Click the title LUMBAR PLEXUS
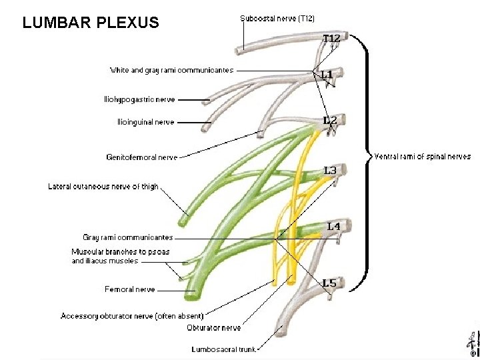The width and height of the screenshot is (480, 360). tap(91, 23)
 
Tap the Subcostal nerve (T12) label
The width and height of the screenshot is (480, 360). tap(277, 18)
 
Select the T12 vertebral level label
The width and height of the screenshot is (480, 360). tap(332, 39)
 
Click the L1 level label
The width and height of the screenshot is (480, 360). tap(327, 74)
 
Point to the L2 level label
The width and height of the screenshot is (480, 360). tap(330, 121)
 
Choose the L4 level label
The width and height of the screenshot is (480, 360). tap(333, 227)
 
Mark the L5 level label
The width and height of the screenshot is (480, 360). tap(329, 283)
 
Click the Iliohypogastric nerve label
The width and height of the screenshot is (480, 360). tap(139, 99)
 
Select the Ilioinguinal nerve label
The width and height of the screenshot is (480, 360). tap(145, 122)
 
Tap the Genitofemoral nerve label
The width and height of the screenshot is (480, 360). tap(142, 157)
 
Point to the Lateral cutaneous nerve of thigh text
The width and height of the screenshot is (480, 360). tap(103, 187)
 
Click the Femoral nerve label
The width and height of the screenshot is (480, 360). tap(130, 289)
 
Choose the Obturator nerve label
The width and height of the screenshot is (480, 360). tap(214, 328)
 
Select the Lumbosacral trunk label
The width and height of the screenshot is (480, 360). tap(223, 349)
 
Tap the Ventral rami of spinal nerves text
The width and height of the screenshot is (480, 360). tap(422, 157)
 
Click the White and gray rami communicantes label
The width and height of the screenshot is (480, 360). tap(171, 70)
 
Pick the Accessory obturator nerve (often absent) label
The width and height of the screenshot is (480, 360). tap(132, 315)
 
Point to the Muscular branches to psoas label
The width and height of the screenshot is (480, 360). tap(121, 252)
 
